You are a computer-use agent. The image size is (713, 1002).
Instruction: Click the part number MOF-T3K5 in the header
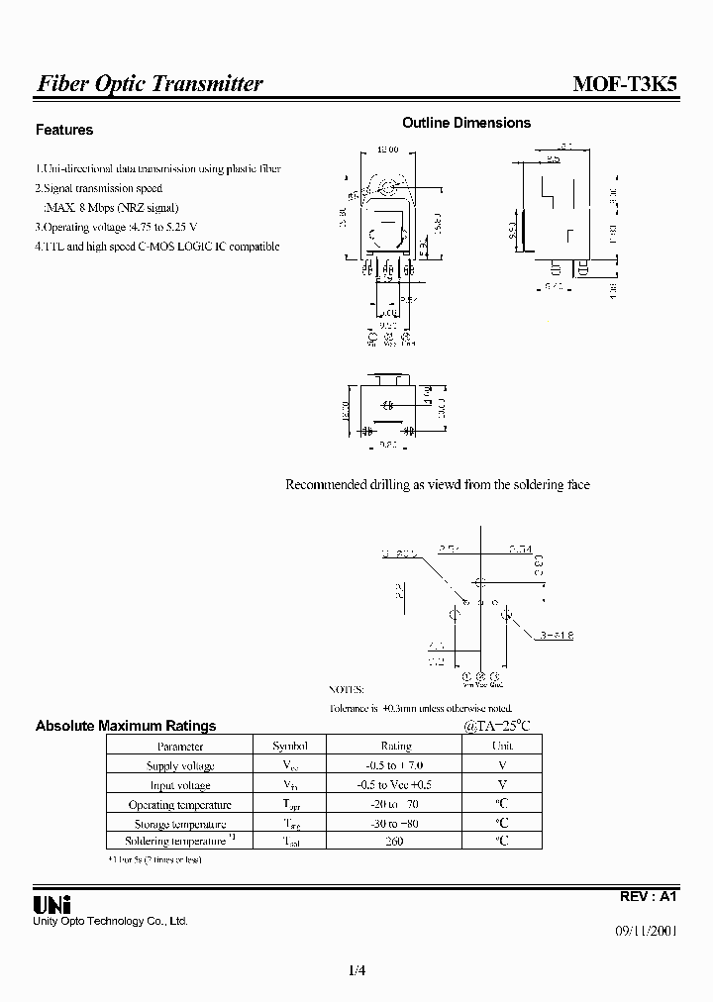pos(626,84)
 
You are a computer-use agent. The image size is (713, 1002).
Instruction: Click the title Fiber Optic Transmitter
pos(150,84)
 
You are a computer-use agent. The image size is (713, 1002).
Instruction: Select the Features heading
pos(64,130)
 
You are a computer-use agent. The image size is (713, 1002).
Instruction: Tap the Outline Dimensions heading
pos(466,123)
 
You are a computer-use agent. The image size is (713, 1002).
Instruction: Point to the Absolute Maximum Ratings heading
pos(126,726)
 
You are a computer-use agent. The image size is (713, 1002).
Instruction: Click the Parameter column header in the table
pos(180,747)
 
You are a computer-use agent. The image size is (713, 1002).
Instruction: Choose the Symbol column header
pos(290,747)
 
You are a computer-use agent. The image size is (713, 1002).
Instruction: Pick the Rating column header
pos(396,747)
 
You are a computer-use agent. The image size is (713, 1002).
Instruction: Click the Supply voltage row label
pos(180,766)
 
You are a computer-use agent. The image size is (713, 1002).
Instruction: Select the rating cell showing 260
pos(395,842)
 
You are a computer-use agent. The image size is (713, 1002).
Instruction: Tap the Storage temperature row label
pos(180,824)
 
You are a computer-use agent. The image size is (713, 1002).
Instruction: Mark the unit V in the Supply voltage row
pos(502,765)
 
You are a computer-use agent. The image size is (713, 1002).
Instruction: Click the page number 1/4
pos(357,970)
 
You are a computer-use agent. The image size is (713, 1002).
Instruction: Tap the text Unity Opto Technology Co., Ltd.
pos(111,922)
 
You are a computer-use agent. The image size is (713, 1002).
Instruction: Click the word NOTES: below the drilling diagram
pos(346,689)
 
